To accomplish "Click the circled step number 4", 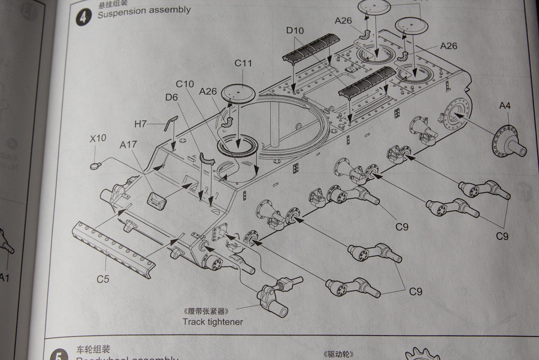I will pyautogui.click(x=83, y=17).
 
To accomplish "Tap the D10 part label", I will pyautogui.click(x=295, y=31).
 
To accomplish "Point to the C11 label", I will pyautogui.click(x=243, y=63).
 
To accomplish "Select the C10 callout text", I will pyautogui.click(x=185, y=84).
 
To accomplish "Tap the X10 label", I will pyautogui.click(x=97, y=139).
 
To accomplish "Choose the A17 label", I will pyautogui.click(x=128, y=145).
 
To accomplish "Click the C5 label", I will pyautogui.click(x=103, y=279).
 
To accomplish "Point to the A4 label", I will pyautogui.click(x=504, y=106).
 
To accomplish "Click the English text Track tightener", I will pyautogui.click(x=212, y=322).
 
